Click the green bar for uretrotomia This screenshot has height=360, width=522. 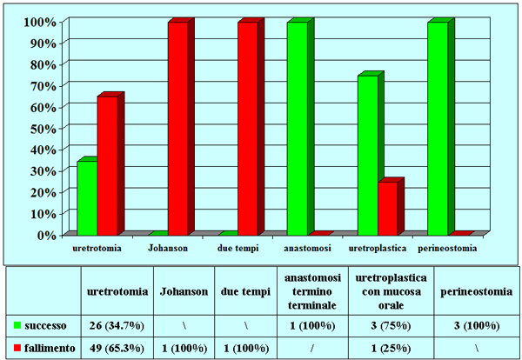tap(86, 198)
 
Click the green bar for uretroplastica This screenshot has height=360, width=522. tap(367, 155)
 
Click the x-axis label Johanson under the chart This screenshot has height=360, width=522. tap(168, 249)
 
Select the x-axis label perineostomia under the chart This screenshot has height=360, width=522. tap(446, 249)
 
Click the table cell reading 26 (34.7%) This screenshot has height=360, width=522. tap(117, 326)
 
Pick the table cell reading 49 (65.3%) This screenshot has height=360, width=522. tap(117, 348)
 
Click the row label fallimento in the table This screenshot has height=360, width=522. tap(51, 348)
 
